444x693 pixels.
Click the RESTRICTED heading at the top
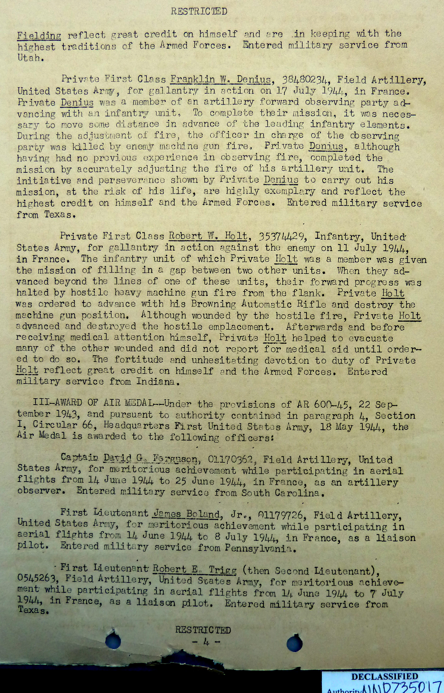[199, 12]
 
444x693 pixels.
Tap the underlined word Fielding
[39, 36]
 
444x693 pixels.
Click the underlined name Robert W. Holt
[208, 236]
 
